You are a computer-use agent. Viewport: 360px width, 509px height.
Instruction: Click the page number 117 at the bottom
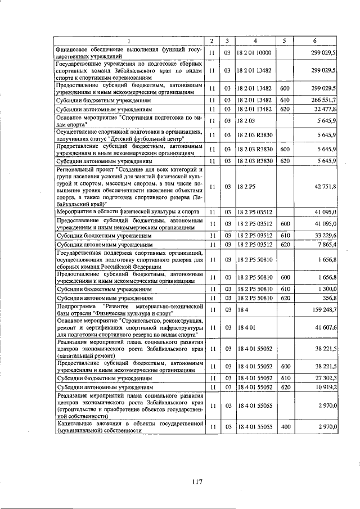(x=196, y=481)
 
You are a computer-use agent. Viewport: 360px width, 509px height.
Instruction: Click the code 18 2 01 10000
(x=254, y=53)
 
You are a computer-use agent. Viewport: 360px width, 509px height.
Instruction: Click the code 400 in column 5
(x=285, y=427)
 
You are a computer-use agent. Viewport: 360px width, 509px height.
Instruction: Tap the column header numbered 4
(x=255, y=41)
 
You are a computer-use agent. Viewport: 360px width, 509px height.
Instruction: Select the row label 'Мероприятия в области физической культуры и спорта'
(x=127, y=212)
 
